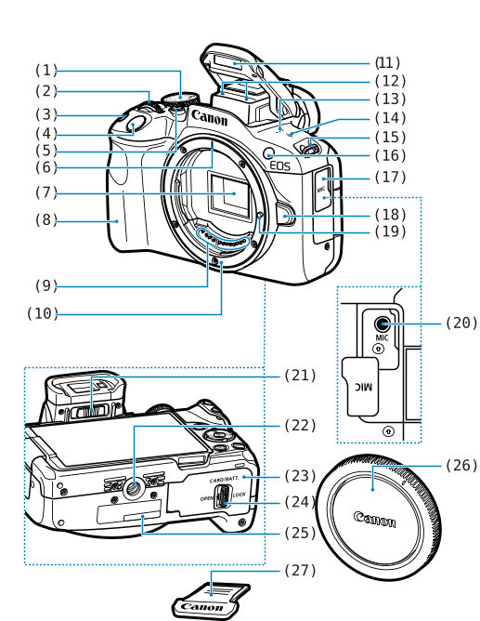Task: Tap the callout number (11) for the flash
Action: (388, 63)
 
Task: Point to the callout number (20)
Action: (461, 323)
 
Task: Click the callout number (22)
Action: (301, 425)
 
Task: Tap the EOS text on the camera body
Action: (279, 165)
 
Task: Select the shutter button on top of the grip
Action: (135, 122)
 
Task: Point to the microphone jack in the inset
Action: (381, 324)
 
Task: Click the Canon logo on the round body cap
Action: (374, 517)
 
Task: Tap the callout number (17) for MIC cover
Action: (388, 177)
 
